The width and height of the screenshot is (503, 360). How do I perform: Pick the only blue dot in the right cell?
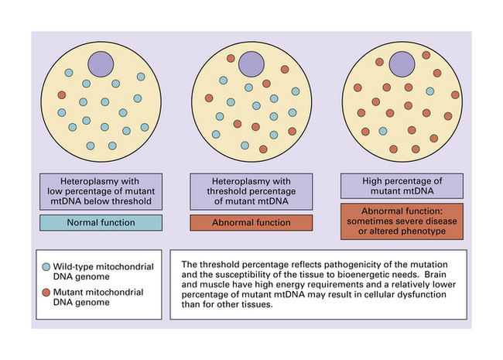pos(383,131)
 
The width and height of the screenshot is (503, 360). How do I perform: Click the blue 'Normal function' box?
pos(101,223)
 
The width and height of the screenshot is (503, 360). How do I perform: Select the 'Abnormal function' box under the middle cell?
pos(251,223)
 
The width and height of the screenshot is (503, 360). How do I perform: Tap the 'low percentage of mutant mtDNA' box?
pos(101,190)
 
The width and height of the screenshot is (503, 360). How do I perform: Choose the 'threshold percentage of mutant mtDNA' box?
pos(251,190)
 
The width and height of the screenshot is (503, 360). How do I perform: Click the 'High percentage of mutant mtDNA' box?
pos(402,185)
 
